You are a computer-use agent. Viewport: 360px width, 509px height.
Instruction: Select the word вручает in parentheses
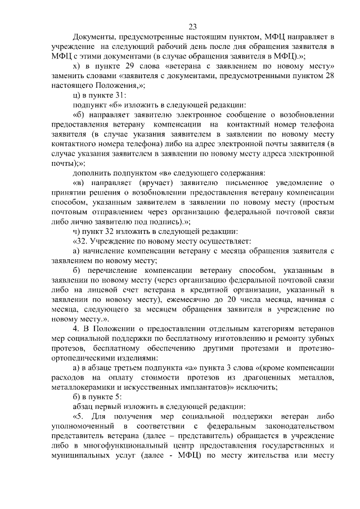pyautogui.click(x=148, y=182)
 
